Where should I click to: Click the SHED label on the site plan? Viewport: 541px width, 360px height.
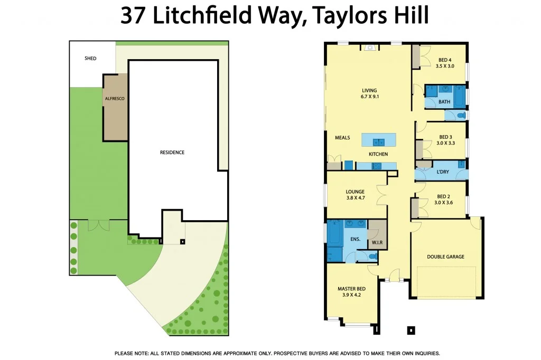coord(90,58)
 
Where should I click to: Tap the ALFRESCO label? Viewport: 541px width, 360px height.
coord(115,98)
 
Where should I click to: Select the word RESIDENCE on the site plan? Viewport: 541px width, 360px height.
coord(172,153)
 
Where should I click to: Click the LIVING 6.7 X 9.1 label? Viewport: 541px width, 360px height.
coord(369,93)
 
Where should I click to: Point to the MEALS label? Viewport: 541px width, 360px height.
coord(342,138)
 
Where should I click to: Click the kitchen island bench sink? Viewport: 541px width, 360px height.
coord(378,141)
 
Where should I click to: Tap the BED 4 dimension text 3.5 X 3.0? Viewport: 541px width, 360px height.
coord(445,67)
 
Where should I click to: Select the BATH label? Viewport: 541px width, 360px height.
coord(444,102)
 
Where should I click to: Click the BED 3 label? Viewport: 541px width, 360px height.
coord(445,136)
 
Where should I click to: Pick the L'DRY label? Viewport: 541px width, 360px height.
coord(443,173)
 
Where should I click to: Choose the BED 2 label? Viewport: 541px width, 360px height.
coord(445,196)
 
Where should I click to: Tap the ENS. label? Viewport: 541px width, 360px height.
coord(355,239)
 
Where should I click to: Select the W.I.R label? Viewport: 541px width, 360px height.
coord(377,243)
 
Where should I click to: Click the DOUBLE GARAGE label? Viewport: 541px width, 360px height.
coord(445,257)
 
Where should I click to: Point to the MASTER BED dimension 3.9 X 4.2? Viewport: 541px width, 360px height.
coord(351,296)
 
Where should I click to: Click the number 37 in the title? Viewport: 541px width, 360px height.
coord(134,16)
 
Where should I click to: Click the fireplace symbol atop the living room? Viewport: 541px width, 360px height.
coord(370,48)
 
